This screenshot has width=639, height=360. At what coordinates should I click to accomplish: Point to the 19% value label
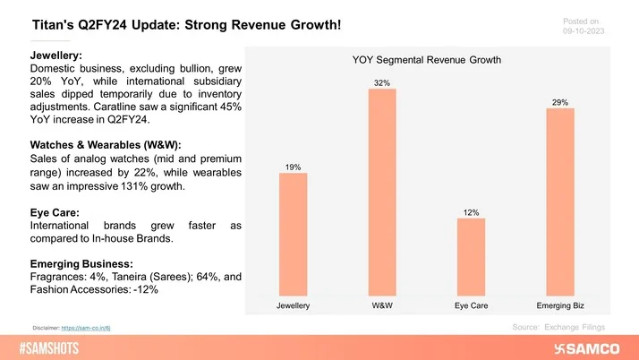click(x=293, y=166)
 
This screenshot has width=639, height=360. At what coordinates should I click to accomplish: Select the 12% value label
click(x=471, y=212)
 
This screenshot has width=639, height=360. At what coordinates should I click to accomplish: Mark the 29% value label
click(x=560, y=102)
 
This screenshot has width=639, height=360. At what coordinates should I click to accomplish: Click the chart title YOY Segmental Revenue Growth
click(x=426, y=60)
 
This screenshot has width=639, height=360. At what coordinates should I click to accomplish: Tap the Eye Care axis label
click(x=471, y=306)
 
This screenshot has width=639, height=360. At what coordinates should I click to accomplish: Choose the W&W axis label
click(x=382, y=306)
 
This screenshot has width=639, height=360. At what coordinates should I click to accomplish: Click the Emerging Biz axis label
click(x=560, y=306)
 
